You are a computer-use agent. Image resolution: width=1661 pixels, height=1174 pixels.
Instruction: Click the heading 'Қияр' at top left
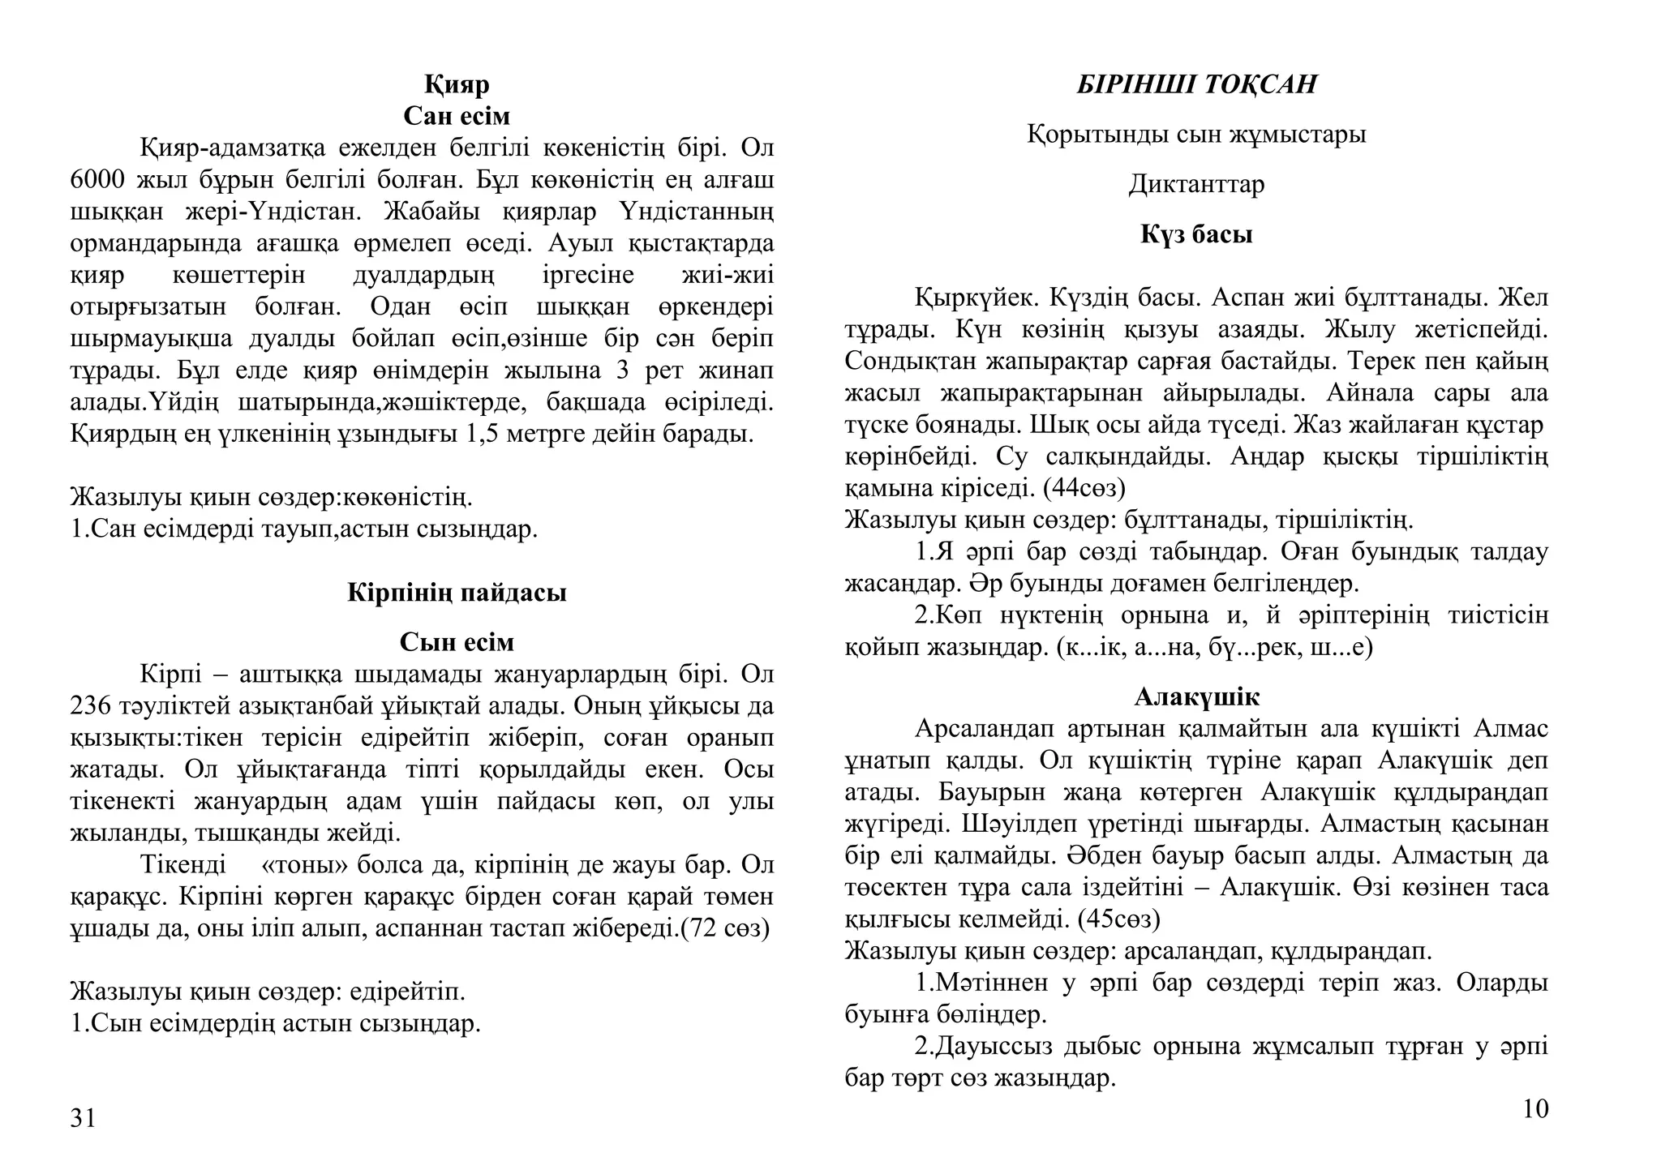(457, 84)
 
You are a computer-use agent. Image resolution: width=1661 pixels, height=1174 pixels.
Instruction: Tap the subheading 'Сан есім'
(457, 116)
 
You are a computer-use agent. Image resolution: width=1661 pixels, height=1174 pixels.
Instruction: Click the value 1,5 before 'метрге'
(483, 434)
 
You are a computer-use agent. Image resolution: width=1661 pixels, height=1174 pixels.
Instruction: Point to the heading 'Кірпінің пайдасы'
(457, 593)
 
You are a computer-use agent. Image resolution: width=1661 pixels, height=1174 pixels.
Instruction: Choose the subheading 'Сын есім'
(457, 642)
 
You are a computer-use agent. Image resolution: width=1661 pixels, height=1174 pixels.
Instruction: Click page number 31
(83, 1118)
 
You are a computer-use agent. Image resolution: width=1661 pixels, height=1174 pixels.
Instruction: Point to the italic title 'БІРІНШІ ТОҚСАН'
(1196, 84)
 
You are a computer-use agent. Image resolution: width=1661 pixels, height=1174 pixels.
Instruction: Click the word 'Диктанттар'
(1196, 185)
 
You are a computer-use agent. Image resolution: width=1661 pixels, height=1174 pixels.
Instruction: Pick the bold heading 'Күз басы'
(1196, 234)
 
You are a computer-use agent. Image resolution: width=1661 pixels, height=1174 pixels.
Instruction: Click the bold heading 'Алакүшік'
(1196, 696)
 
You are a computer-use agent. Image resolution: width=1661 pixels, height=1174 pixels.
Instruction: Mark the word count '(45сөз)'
(1118, 919)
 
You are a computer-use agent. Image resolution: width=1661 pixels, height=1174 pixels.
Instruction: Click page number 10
(1535, 1108)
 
